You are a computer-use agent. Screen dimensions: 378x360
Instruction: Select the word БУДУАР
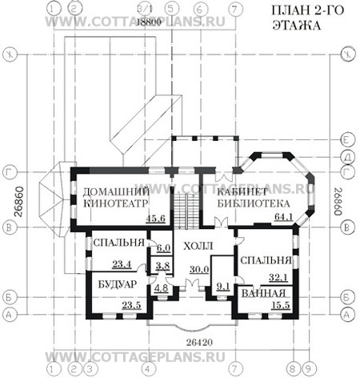[118, 285]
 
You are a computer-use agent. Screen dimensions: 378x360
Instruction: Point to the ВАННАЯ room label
[262, 293]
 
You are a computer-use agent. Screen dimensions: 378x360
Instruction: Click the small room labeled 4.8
[161, 288]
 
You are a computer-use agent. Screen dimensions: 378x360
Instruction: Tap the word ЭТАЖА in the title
[301, 26]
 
